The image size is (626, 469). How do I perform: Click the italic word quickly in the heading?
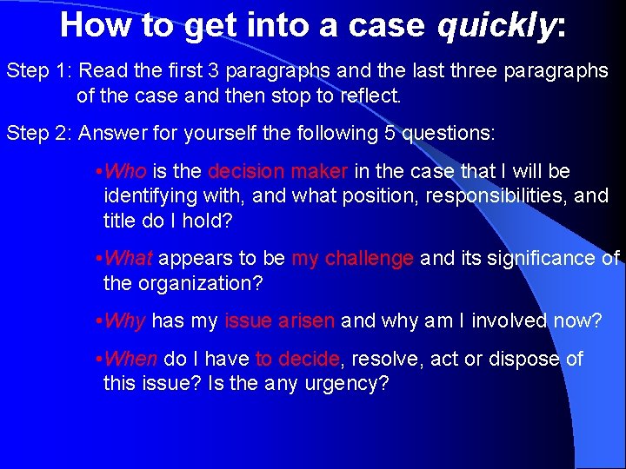point(496,26)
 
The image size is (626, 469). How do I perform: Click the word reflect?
point(364,95)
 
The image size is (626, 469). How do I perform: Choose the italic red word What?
point(128,258)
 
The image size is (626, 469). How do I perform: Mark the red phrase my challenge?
point(352,258)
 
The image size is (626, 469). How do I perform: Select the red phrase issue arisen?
point(279,320)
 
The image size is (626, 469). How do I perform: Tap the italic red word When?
point(130,359)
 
